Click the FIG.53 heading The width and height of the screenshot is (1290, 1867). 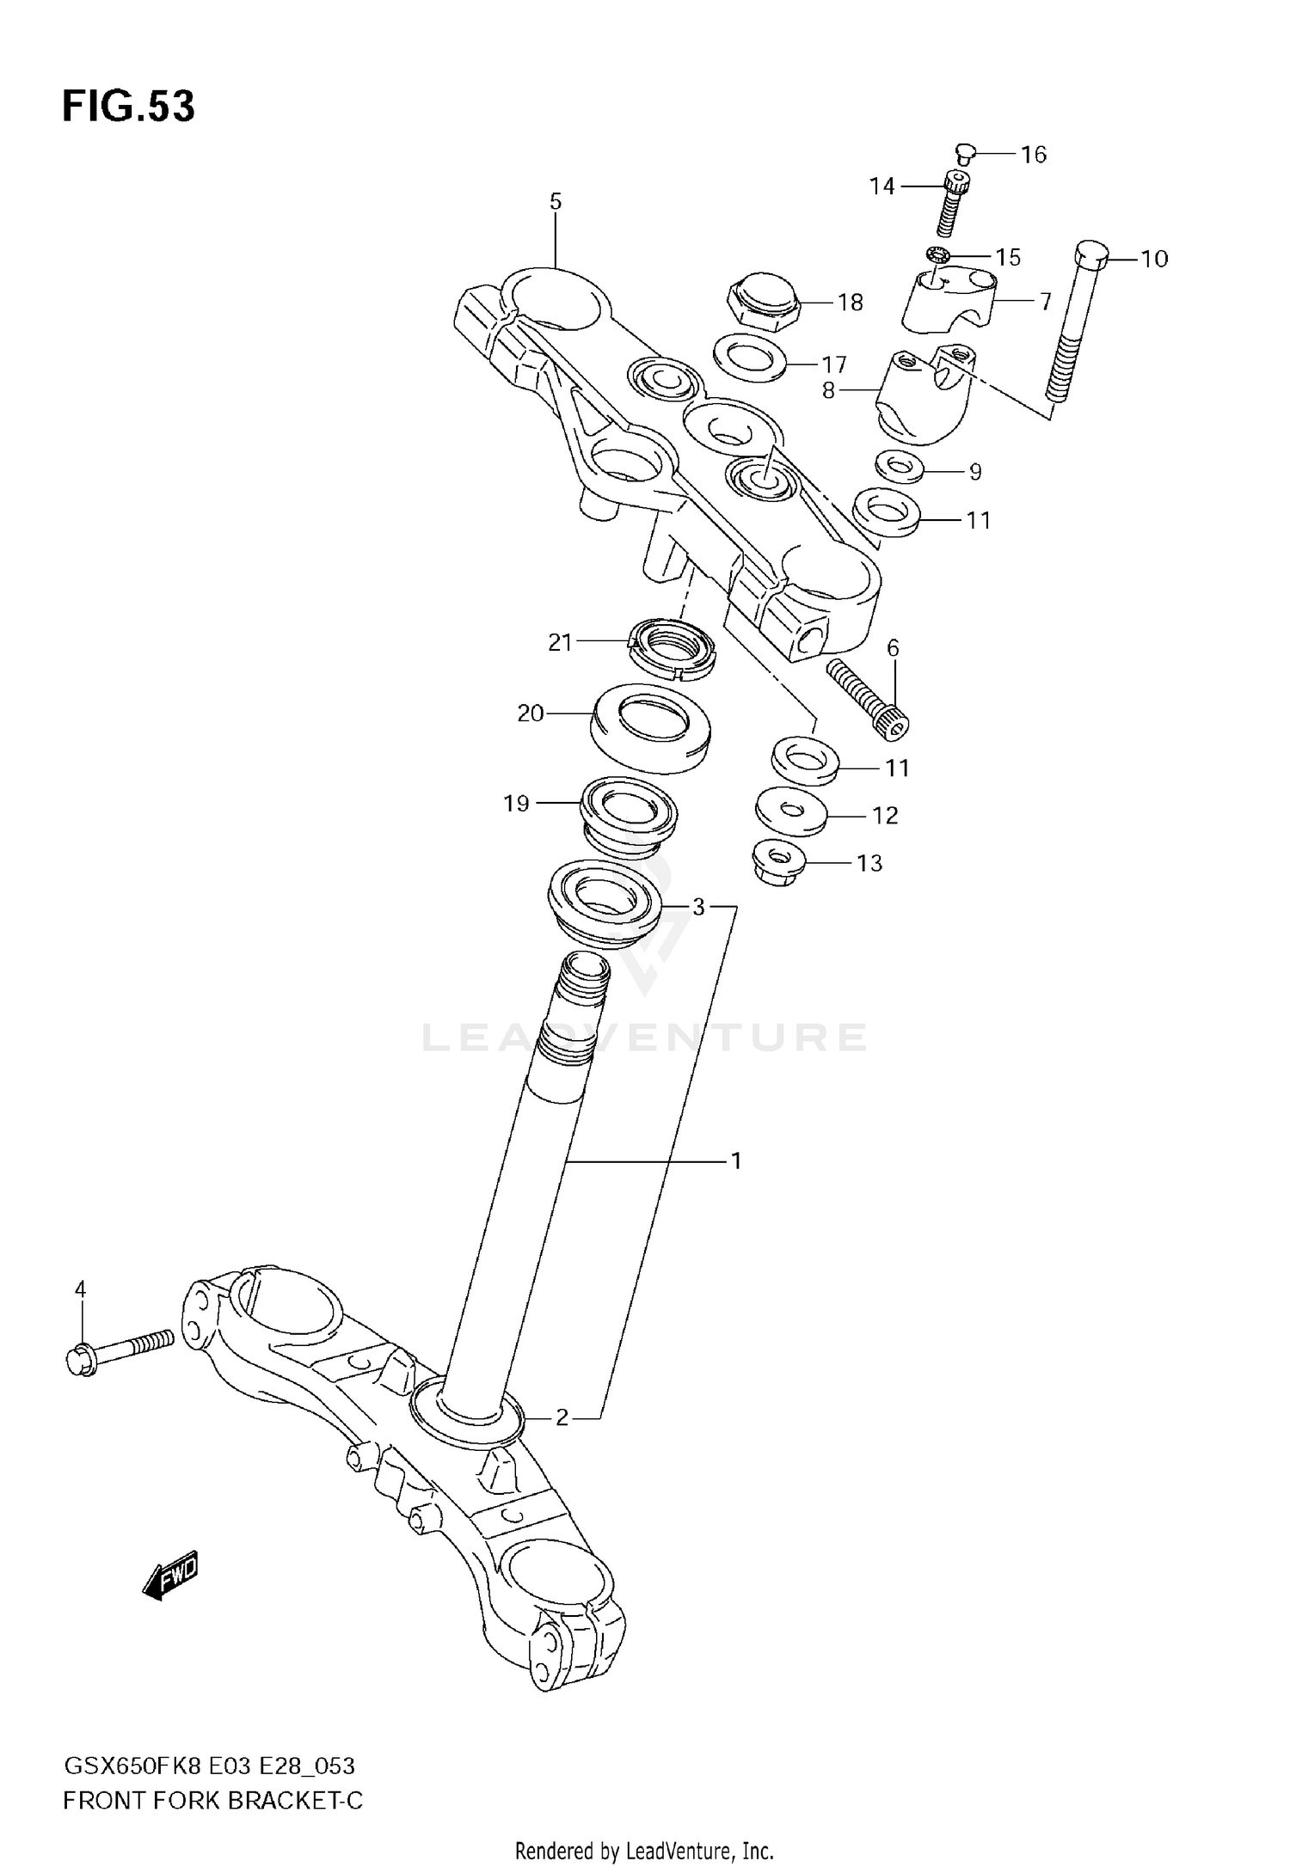129,107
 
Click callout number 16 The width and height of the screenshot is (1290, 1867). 1033,155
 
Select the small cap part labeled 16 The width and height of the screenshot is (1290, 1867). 963,154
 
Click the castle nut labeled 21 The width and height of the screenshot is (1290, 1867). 672,648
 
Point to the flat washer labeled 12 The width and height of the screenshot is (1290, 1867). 791,811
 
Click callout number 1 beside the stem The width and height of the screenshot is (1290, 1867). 735,1161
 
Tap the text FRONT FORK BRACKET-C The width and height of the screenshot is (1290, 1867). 212,1801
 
